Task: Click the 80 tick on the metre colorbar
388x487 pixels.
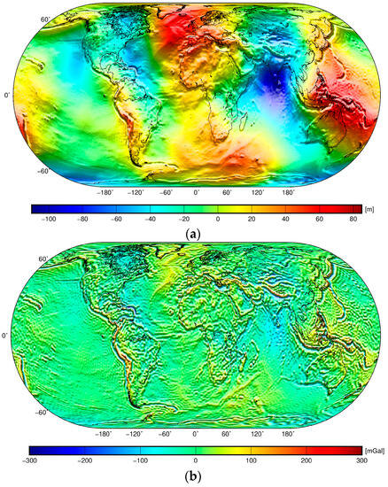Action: point(352,218)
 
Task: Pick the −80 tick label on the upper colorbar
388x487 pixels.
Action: point(81,218)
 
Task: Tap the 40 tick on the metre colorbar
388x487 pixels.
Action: point(285,218)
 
